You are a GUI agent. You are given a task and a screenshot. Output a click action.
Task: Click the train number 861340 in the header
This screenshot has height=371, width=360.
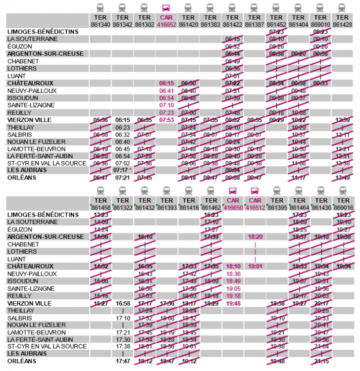click(x=100, y=24)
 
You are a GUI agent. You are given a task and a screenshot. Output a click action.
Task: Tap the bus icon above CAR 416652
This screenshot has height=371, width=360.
click(x=166, y=8)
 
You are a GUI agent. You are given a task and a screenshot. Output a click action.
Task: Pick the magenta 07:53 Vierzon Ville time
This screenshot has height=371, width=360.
click(x=166, y=120)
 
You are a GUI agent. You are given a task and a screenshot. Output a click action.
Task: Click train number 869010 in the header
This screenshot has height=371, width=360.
click(x=321, y=24)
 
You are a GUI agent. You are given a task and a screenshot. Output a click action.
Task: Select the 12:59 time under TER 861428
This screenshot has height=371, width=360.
click(x=343, y=120)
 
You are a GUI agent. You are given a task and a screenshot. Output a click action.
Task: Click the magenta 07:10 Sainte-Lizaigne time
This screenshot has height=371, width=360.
click(x=166, y=105)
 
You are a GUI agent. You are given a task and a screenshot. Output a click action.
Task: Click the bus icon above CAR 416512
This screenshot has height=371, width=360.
click(x=255, y=191)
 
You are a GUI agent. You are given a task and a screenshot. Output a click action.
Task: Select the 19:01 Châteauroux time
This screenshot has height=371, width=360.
click(x=255, y=267)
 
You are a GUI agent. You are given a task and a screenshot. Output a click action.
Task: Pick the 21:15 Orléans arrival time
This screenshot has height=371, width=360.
click(x=321, y=361)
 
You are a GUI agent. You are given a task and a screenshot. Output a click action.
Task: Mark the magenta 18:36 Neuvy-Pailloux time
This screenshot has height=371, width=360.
click(x=233, y=274)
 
